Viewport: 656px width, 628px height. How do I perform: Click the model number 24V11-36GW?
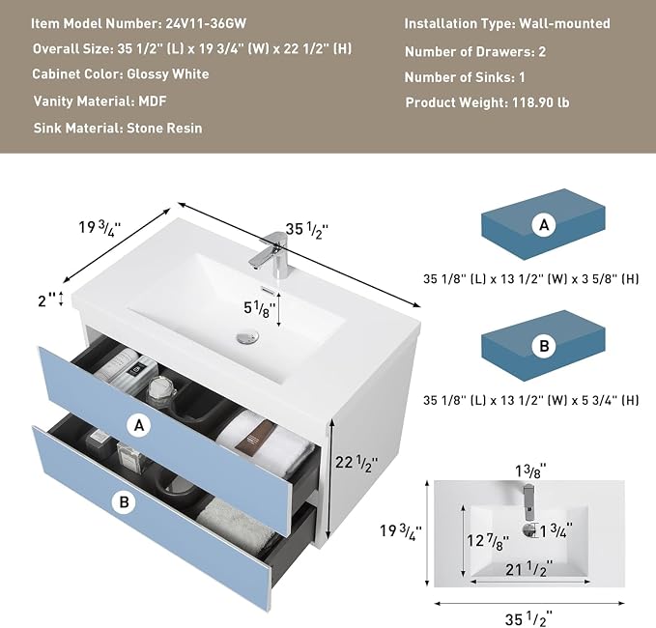pyautogui.click(x=206, y=23)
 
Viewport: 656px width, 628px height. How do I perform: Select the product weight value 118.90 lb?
pyautogui.click(x=540, y=102)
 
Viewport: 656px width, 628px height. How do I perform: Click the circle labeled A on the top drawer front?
pyautogui.click(x=139, y=425)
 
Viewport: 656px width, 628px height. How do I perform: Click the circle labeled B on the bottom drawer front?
pyautogui.click(x=125, y=501)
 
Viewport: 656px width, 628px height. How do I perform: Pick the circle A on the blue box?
pyautogui.click(x=544, y=225)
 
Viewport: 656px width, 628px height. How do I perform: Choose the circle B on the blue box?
pyautogui.click(x=544, y=346)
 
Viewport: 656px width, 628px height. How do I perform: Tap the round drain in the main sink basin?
pyautogui.click(x=247, y=336)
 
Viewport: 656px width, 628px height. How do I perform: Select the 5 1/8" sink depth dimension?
pyautogui.click(x=259, y=308)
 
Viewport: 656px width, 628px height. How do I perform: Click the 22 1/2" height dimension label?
pyautogui.click(x=357, y=463)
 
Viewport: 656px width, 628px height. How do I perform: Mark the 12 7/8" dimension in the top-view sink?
pyautogui.click(x=488, y=541)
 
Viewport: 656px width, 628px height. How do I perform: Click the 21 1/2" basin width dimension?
pyautogui.click(x=528, y=569)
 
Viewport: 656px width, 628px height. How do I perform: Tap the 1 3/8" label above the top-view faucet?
pyautogui.click(x=530, y=471)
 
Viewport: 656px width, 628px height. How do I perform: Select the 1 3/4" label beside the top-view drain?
pyautogui.click(x=556, y=530)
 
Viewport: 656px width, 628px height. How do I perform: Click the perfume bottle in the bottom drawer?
pyautogui.click(x=129, y=453)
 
